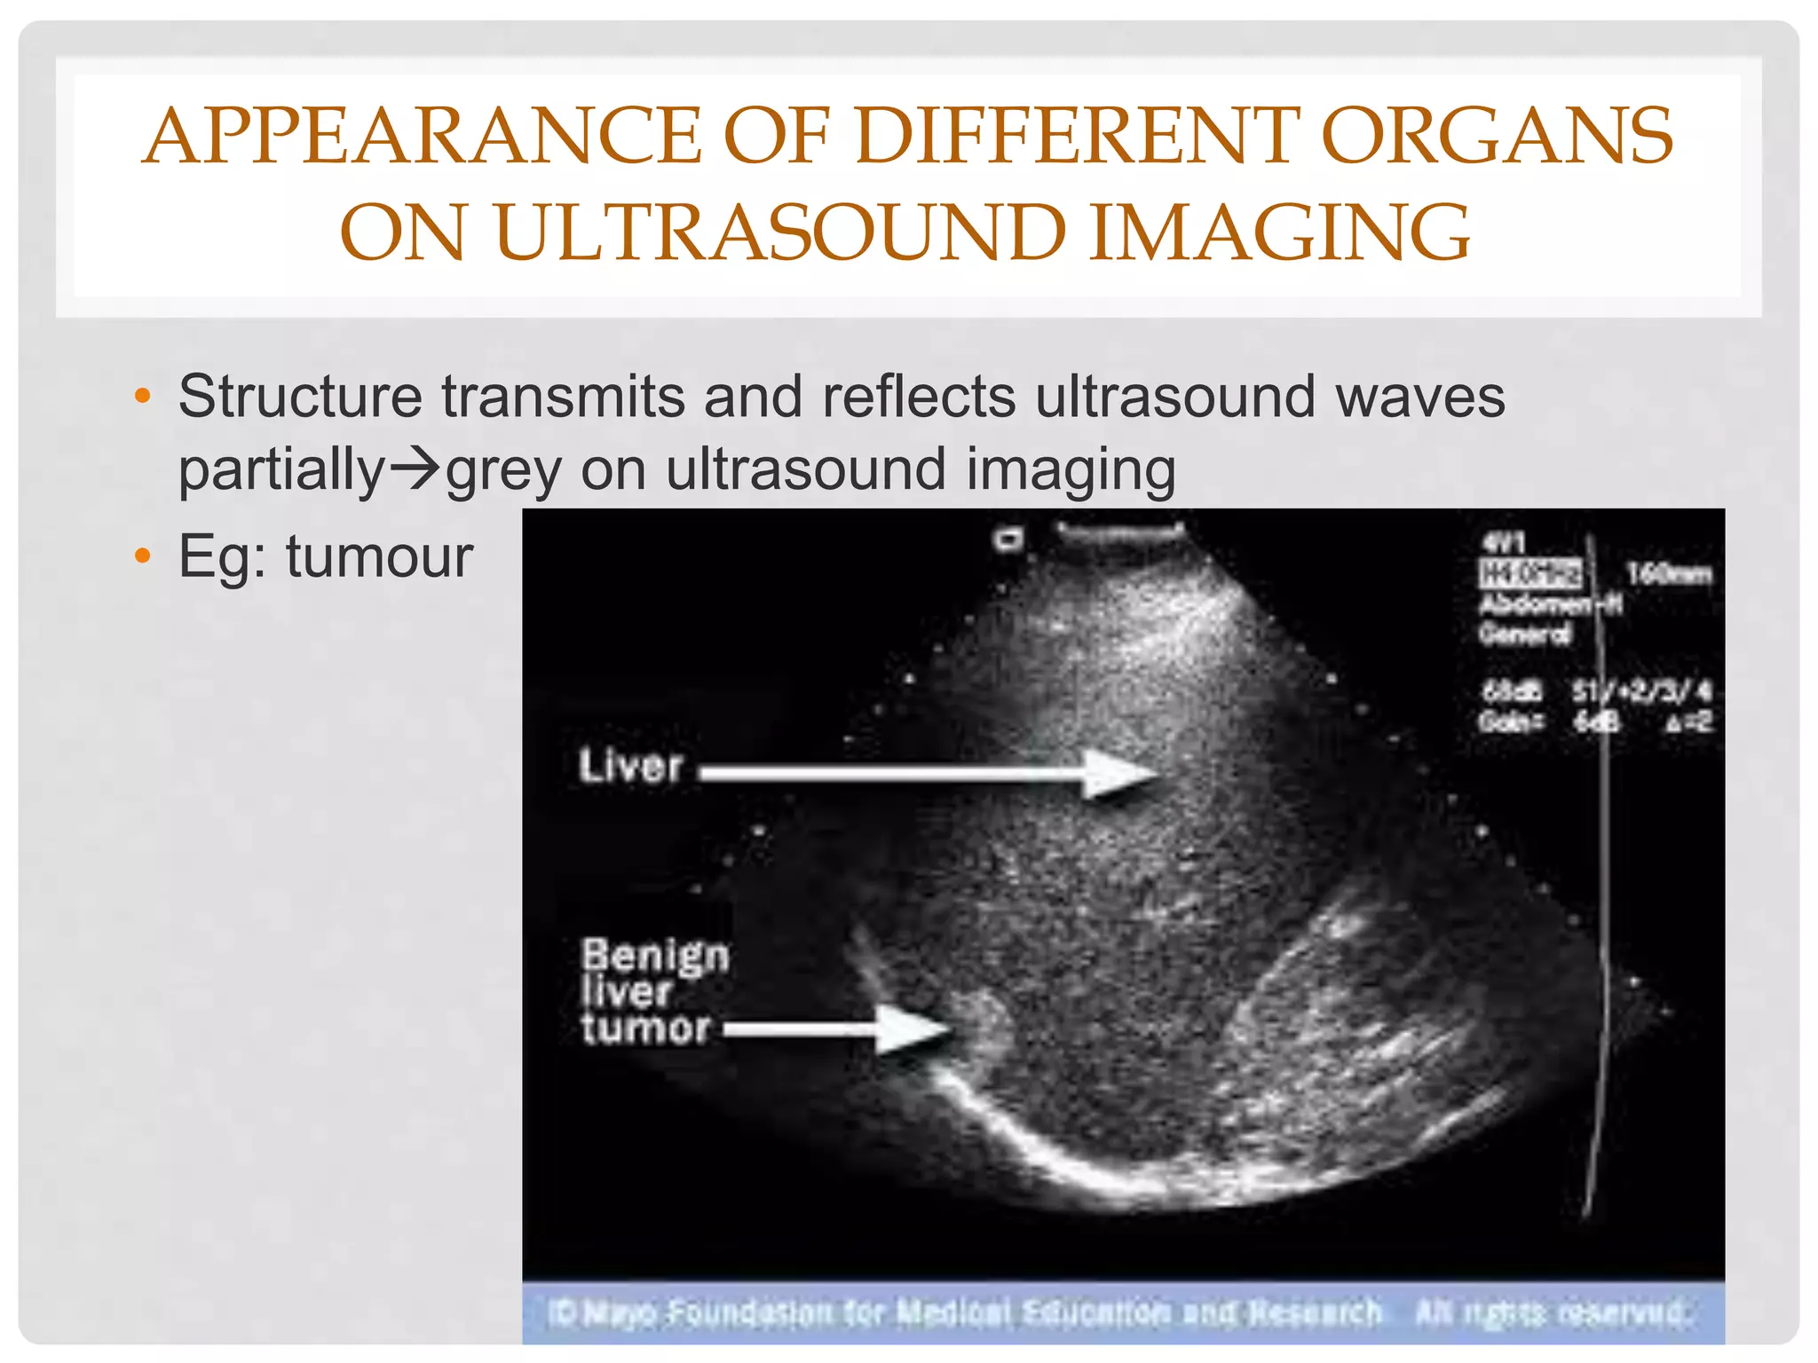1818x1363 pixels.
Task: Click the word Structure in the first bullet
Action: click(300, 396)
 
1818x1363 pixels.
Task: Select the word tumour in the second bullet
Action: click(379, 557)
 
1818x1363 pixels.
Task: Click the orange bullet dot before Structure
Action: click(142, 396)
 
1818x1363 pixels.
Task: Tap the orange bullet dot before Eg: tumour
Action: click(142, 557)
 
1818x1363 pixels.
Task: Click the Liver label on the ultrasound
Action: click(630, 767)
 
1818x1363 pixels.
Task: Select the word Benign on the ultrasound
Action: click(655, 957)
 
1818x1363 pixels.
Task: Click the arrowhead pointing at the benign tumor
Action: click(914, 1029)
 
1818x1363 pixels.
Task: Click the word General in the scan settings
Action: click(1524, 634)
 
